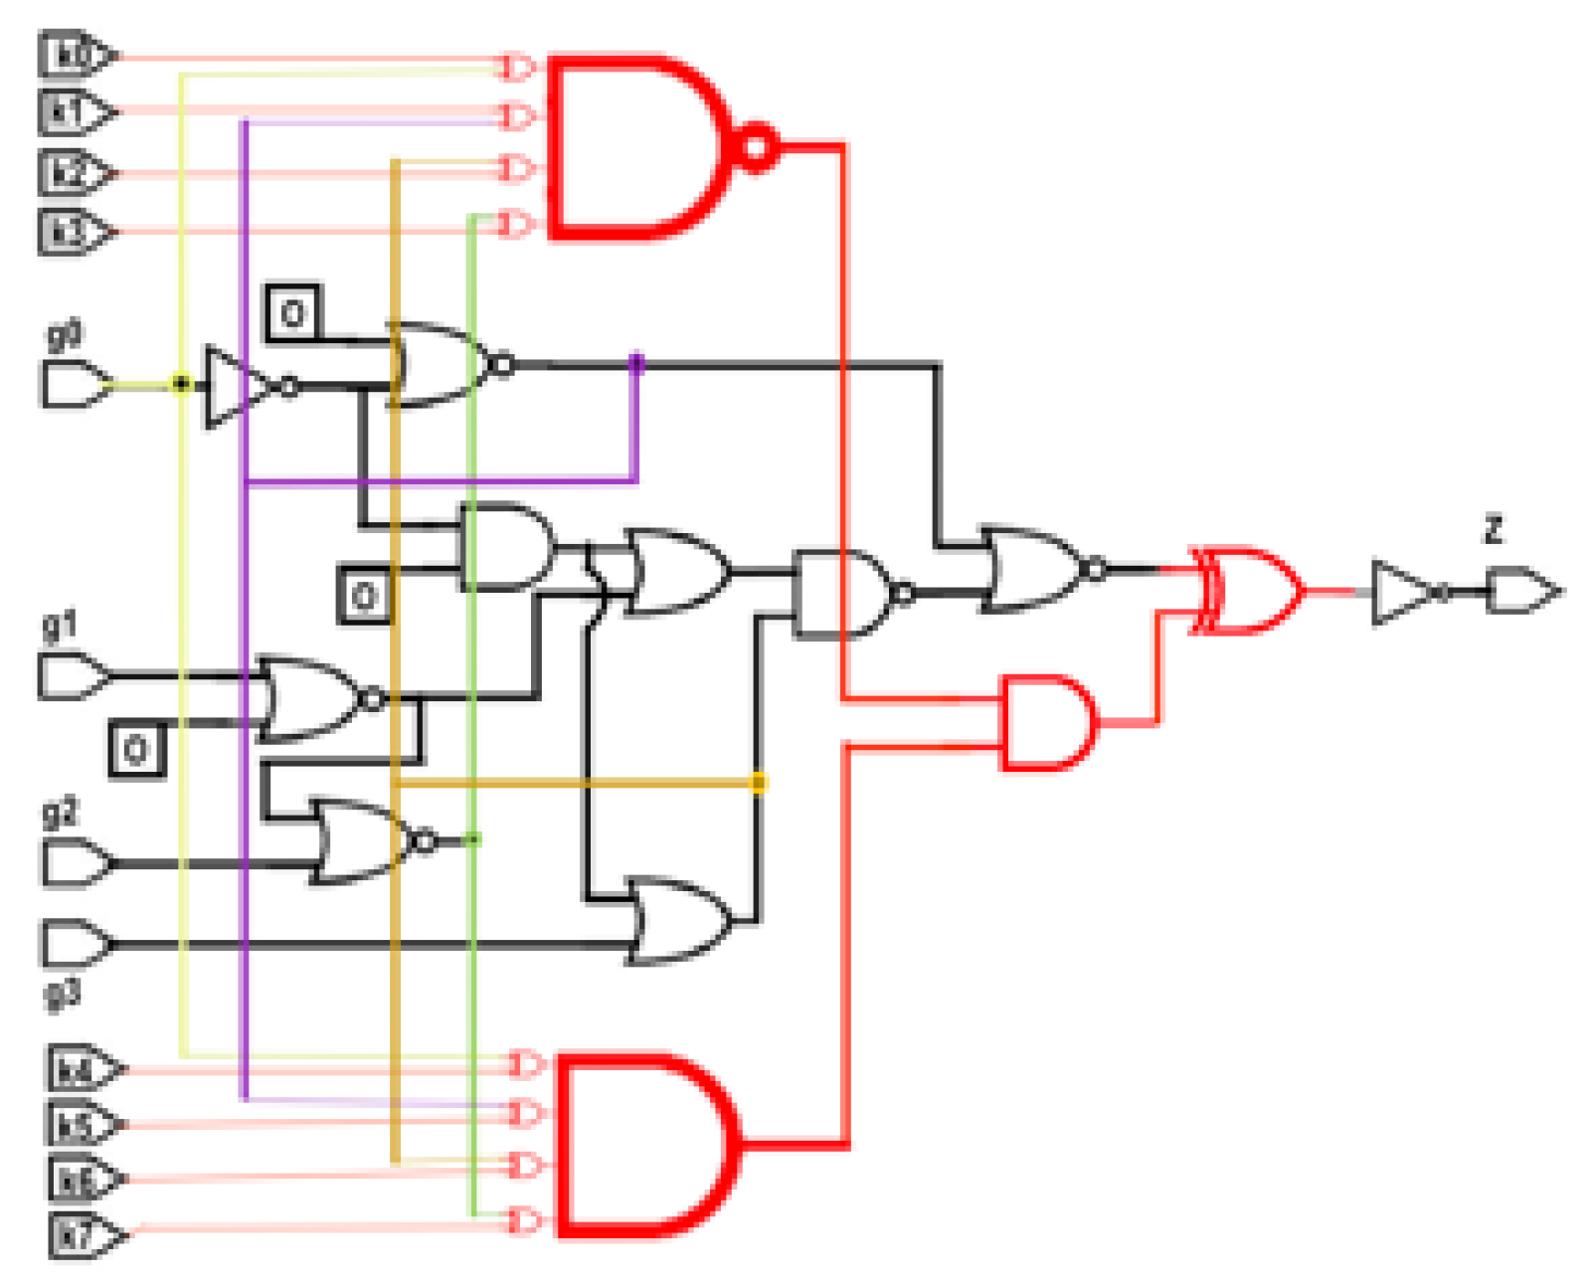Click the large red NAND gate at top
[636, 148]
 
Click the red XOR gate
[1251, 590]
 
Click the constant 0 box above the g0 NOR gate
[292, 313]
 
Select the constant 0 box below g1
[136, 748]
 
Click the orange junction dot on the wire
[758, 784]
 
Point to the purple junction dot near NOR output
[636, 364]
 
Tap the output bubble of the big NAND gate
[757, 148]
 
